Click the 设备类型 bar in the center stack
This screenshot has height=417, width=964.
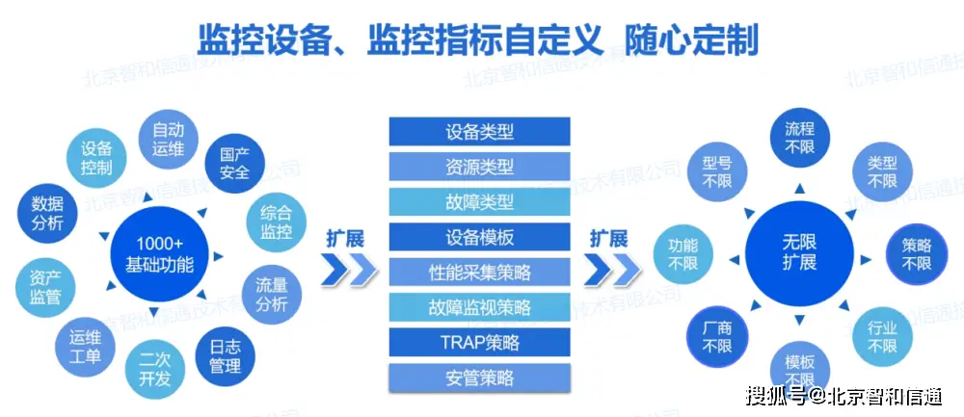pyautogui.click(x=479, y=132)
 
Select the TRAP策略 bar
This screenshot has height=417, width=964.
pyautogui.click(x=479, y=342)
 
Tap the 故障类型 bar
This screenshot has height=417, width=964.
pyautogui.click(x=479, y=202)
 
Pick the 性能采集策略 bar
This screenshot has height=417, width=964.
pyautogui.click(x=479, y=273)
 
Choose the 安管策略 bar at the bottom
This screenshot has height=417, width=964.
pyautogui.click(x=479, y=377)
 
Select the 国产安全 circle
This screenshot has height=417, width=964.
pyautogui.click(x=234, y=163)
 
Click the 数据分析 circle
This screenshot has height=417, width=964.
pyautogui.click(x=47, y=213)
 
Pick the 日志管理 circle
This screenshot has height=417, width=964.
pyautogui.click(x=225, y=357)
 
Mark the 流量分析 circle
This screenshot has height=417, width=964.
pyautogui.click(x=271, y=296)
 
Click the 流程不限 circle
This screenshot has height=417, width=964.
pyautogui.click(x=799, y=138)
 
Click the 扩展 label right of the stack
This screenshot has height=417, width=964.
pyautogui.click(x=608, y=238)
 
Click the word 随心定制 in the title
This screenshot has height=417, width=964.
pyautogui.click(x=691, y=39)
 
